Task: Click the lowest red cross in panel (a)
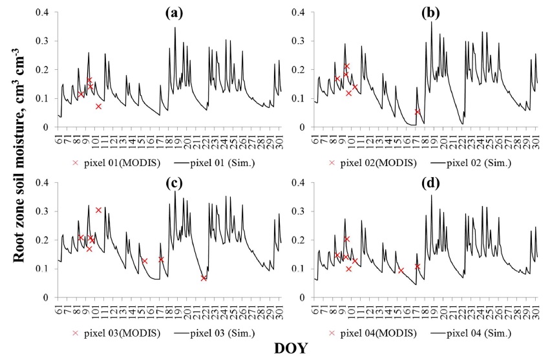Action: tap(98, 106)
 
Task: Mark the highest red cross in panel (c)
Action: tap(98, 210)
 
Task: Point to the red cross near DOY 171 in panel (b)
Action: tap(418, 112)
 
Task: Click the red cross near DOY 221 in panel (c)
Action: tap(204, 279)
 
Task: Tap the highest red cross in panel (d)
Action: tap(347, 239)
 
